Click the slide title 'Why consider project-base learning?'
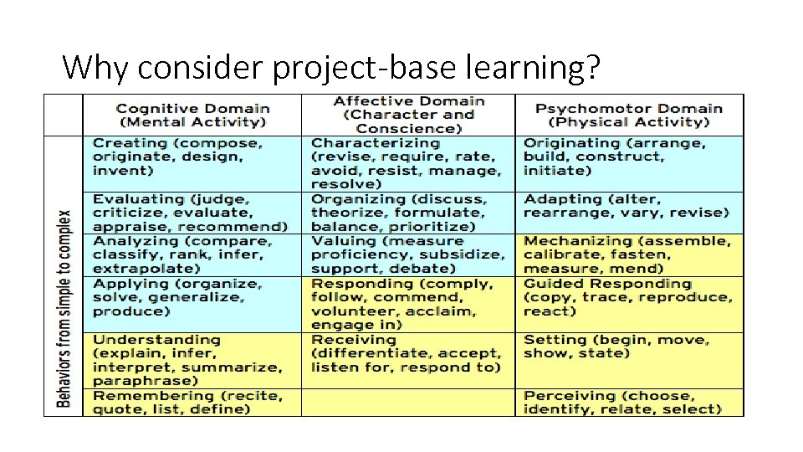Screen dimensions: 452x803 click(x=330, y=66)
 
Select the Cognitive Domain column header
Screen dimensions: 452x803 click(x=192, y=116)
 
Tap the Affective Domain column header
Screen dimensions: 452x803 click(x=408, y=116)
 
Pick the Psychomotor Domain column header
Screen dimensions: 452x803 click(x=628, y=116)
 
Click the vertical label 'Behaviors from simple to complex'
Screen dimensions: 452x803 click(x=63, y=308)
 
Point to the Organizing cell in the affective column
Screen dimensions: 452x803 click(x=408, y=213)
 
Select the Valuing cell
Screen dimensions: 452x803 click(x=408, y=254)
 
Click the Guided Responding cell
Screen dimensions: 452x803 click(x=628, y=297)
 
